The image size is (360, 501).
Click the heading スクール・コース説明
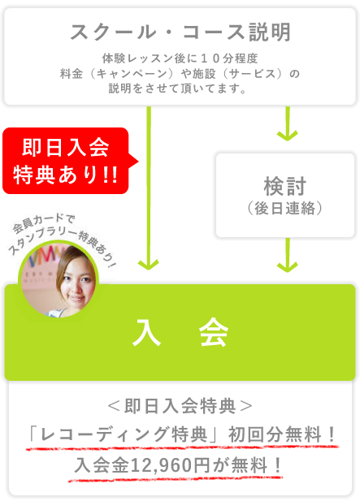coord(180,32)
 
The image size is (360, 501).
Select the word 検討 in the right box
coord(285,186)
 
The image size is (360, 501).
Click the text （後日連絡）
coord(285,209)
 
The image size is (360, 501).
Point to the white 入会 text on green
coord(180,332)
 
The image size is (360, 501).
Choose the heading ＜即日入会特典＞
coord(180,407)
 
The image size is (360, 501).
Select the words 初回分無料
coord(275,435)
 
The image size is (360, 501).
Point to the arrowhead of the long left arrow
coord(149,265)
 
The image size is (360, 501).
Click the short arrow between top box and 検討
coord(288,123)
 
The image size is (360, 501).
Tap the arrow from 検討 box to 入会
coord(288,255)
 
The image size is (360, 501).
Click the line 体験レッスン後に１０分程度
coord(180,58)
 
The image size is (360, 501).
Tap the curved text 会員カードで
coord(44,222)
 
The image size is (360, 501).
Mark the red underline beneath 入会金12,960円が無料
coord(176,478)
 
